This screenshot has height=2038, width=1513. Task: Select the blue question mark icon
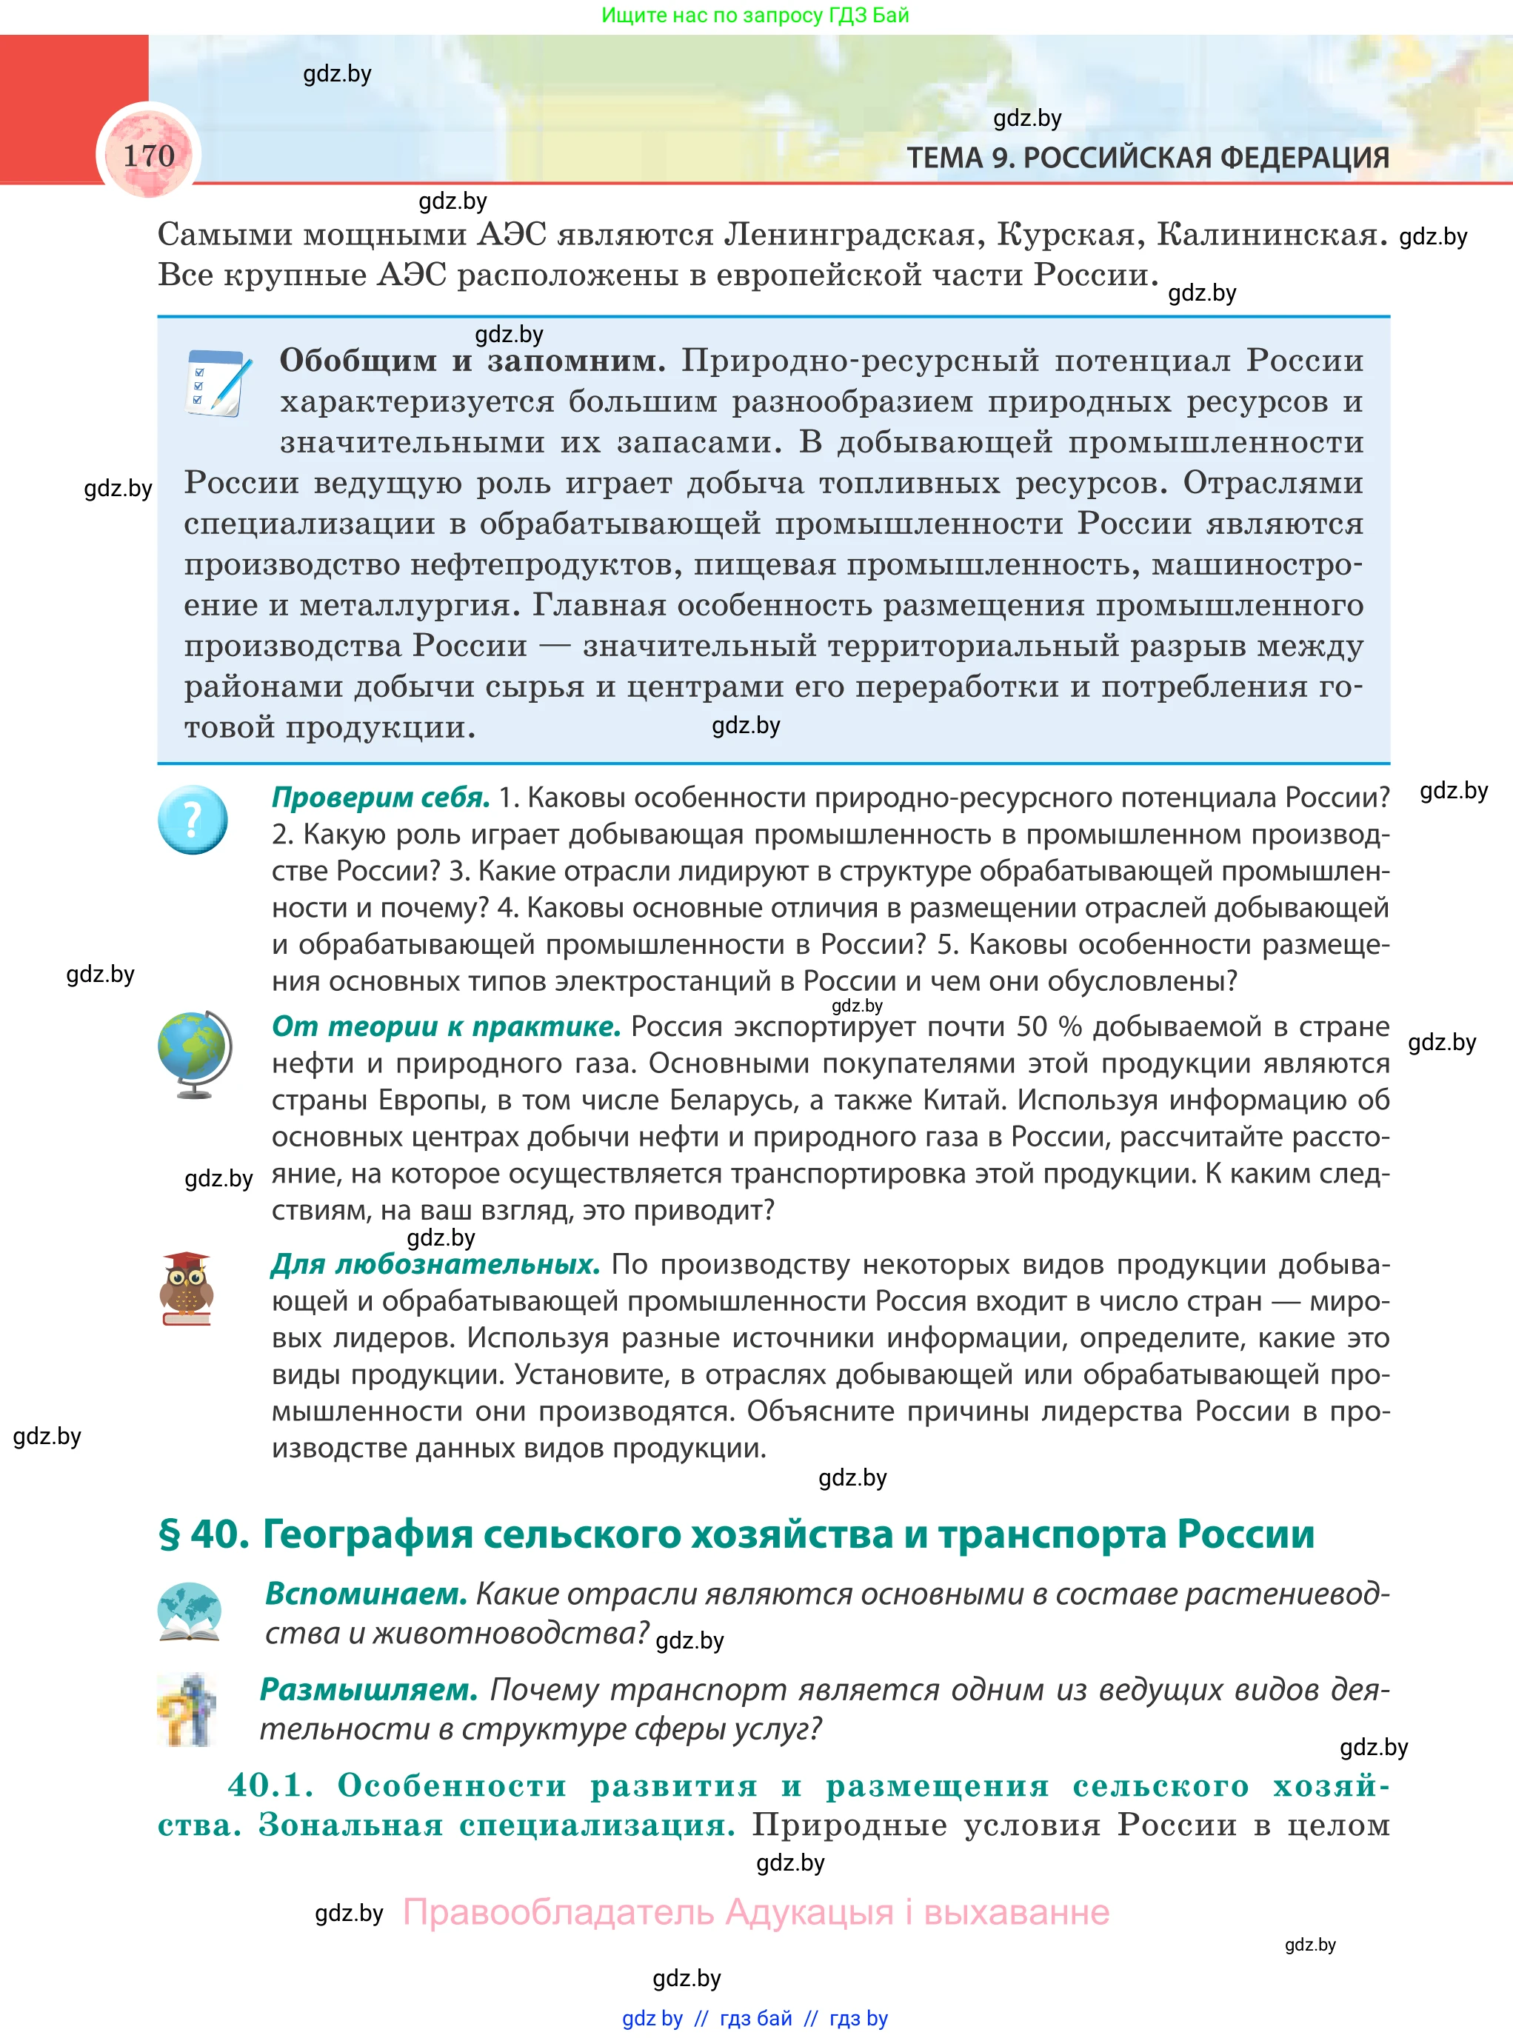193,819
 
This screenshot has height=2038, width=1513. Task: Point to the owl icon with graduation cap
187,1288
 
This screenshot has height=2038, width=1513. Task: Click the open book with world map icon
189,1611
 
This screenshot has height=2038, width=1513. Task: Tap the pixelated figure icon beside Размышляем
189,1709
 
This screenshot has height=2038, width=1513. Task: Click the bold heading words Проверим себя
380,797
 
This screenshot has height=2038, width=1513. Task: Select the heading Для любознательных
435,1264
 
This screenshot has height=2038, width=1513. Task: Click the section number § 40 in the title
204,1534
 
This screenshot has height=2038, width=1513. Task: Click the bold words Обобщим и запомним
472,360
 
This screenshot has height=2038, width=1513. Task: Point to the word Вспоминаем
365,1594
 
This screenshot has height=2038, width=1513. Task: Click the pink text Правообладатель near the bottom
558,1913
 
